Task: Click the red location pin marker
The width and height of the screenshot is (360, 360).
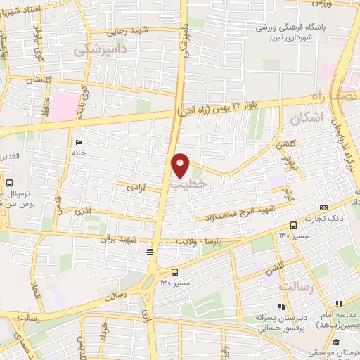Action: pos(181,164)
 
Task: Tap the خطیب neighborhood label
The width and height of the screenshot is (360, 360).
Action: pos(188,182)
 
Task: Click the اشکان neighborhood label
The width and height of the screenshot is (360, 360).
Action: pos(307,120)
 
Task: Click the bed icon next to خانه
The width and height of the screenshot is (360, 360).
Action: pos(78,142)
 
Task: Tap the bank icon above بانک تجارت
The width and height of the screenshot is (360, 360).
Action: pos(323,207)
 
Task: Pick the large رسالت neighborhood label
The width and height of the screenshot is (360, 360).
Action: pos(296,288)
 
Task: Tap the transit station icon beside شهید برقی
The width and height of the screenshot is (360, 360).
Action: pos(149,251)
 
